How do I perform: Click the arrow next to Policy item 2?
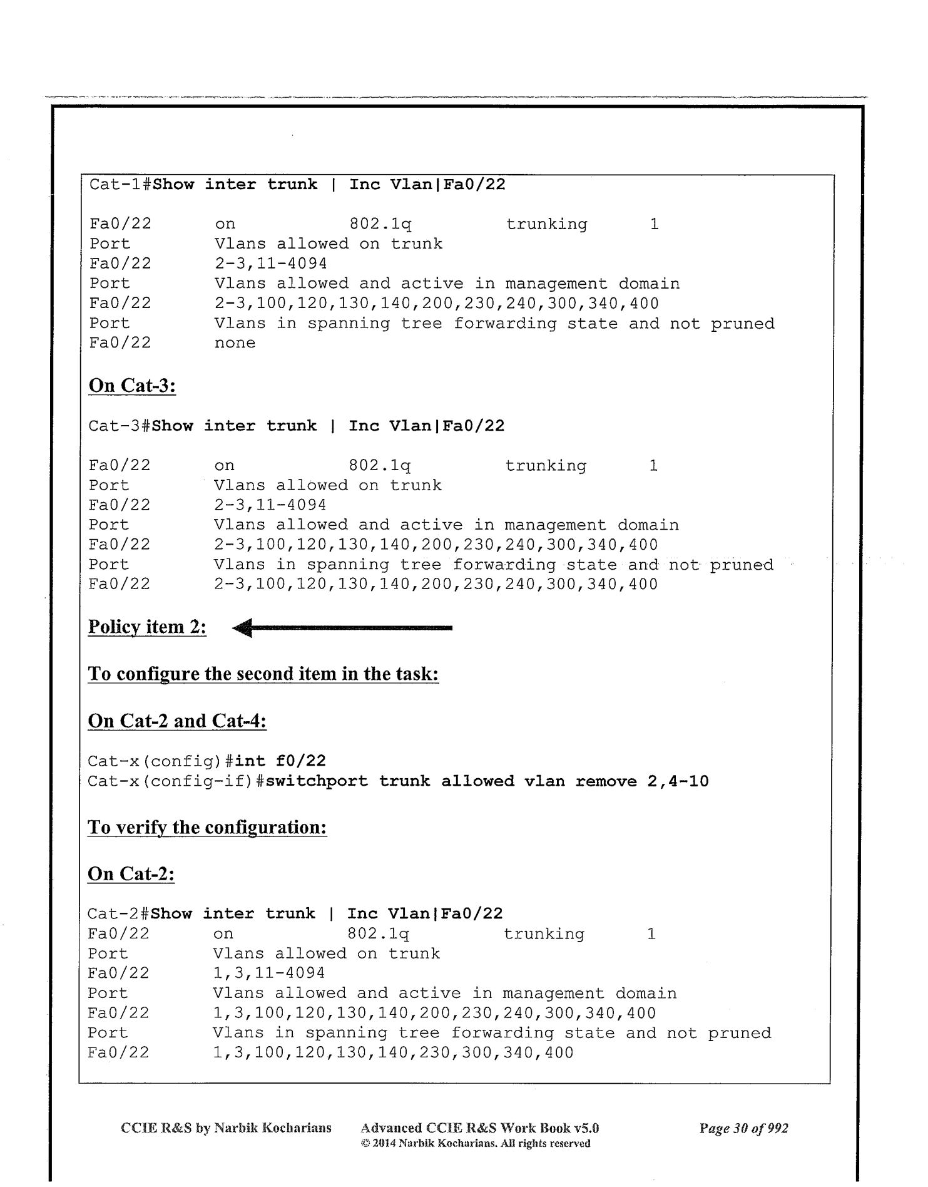[342, 627]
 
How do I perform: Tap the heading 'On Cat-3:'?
[132, 386]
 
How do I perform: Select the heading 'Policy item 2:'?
[147, 627]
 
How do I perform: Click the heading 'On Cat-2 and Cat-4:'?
[177, 721]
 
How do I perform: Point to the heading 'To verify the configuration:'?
[207, 828]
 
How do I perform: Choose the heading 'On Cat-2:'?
[131, 874]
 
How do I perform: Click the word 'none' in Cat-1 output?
[235, 343]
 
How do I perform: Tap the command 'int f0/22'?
[280, 761]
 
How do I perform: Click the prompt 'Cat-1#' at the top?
[120, 185]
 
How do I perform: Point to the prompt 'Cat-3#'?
[120, 426]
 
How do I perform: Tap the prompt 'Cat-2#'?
[118, 914]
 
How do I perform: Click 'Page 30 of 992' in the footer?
[743, 1129]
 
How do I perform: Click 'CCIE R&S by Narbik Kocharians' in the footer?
[226, 1129]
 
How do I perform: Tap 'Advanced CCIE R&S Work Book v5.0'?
[480, 1129]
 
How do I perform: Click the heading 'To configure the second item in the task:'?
[263, 674]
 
